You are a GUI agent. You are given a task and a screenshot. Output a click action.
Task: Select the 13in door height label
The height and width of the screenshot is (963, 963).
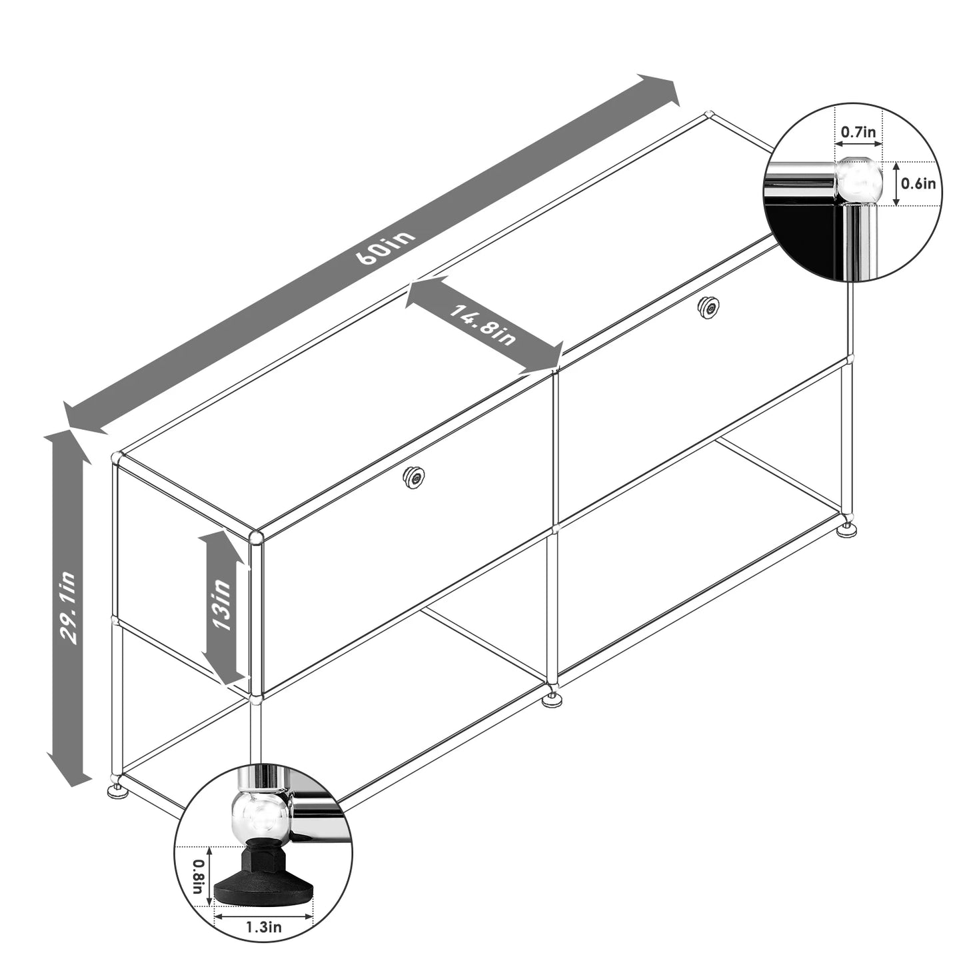(221, 605)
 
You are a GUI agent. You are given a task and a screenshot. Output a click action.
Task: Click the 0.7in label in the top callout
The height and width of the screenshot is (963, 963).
(858, 132)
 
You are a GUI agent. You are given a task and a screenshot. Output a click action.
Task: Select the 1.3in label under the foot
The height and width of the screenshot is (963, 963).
(264, 927)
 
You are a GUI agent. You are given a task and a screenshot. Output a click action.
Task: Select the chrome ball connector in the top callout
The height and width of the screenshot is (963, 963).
(858, 180)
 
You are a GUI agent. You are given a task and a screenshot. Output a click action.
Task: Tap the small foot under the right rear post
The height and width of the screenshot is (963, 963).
(848, 530)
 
